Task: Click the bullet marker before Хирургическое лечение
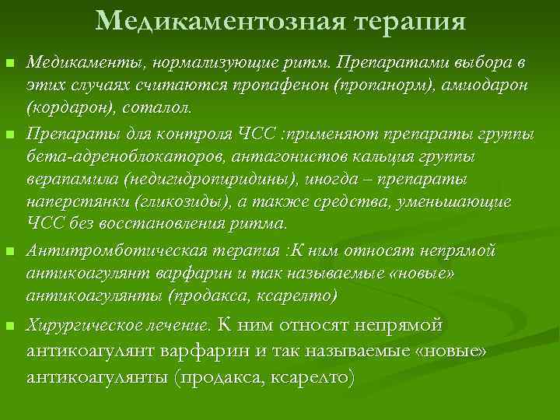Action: pyautogui.click(x=9, y=324)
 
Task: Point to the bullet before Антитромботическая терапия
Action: pyautogui.click(x=9, y=251)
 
